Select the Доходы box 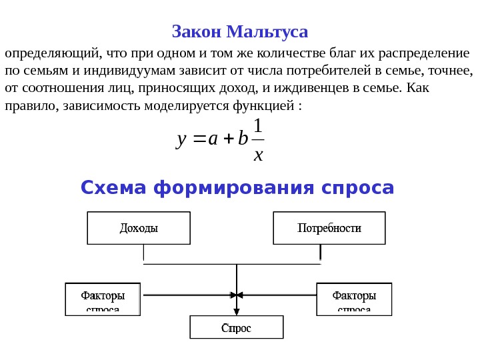139,228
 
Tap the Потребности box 329,228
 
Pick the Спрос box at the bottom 237,327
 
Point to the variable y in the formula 181,139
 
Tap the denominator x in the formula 259,155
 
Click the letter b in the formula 242,139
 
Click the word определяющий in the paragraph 52,54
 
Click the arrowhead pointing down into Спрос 237,312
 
